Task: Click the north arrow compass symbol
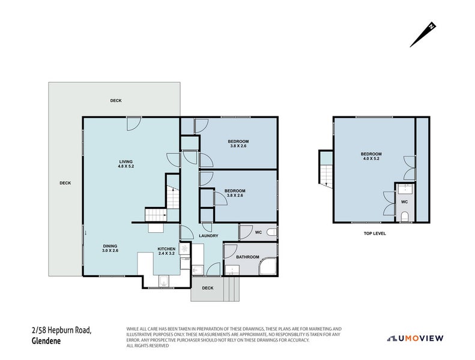423,35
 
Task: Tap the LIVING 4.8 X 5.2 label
126,164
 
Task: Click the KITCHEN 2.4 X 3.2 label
166,251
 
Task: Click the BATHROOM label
247,257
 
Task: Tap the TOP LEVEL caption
375,233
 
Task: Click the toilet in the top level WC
404,215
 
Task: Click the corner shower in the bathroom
267,265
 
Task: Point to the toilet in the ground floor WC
271,232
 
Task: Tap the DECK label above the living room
116,100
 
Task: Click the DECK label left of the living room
65,183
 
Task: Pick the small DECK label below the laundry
207,288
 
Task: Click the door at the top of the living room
133,123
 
